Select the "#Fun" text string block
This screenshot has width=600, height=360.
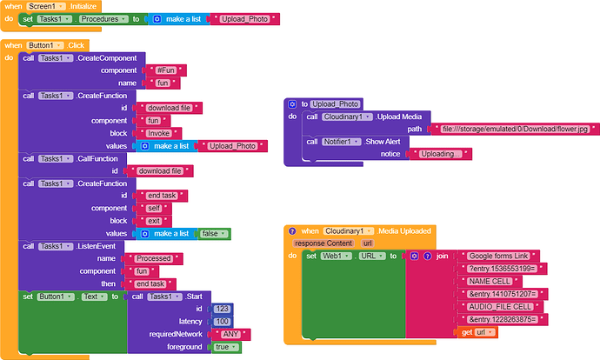coord(164,70)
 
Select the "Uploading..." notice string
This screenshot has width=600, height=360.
coord(441,154)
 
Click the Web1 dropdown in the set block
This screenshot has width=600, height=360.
coord(335,256)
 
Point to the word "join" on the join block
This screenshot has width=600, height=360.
coord(443,257)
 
